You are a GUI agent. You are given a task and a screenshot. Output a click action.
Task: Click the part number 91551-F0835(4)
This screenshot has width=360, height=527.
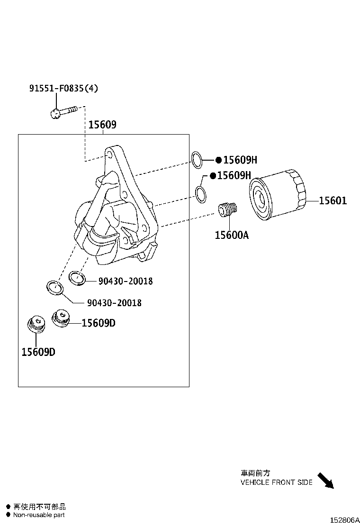pos(63,88)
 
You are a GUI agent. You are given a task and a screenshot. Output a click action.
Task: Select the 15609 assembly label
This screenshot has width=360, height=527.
pos(102,125)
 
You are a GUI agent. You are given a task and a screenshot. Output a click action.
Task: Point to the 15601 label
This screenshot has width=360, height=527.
pos(333,201)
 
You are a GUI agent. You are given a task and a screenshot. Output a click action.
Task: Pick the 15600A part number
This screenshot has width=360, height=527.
pos(231,235)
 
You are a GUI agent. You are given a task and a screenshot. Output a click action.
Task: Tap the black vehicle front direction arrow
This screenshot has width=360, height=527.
pos(325,480)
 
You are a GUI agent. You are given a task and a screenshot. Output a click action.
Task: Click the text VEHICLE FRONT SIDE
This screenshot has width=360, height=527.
pos(276,482)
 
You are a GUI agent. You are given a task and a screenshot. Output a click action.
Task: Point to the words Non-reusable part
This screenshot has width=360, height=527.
pos(39,515)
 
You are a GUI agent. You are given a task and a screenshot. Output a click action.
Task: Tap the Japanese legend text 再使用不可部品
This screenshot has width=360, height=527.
pos(39,507)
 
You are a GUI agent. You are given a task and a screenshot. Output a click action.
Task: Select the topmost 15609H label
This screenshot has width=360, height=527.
pos(240,160)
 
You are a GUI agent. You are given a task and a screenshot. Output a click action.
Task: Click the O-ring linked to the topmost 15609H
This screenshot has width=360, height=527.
pos(197,160)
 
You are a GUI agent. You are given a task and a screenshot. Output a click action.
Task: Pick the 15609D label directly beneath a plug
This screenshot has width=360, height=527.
pos(38,352)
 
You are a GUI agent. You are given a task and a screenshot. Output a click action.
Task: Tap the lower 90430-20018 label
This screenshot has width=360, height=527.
pos(114,303)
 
